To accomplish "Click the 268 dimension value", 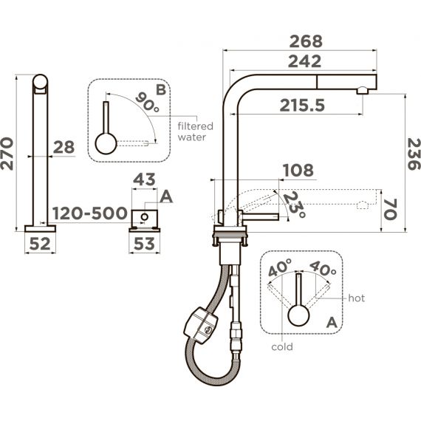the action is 306,41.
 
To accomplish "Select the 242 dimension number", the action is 304,61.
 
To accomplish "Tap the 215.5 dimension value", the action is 302,105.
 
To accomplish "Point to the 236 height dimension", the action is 414,154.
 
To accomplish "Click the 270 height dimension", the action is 7,154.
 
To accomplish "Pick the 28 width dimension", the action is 64,147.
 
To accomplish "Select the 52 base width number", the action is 40,244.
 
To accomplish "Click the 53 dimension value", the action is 144,244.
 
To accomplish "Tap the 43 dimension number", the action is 144,179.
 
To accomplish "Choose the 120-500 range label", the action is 89,213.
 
